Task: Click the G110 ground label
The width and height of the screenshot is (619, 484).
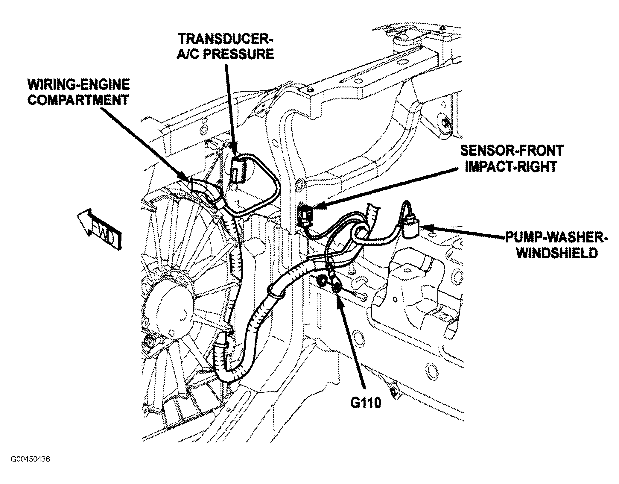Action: (x=366, y=403)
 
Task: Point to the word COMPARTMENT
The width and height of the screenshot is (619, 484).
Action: (x=78, y=100)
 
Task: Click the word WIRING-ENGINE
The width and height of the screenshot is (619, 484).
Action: (x=79, y=85)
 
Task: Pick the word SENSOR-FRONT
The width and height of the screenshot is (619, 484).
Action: (x=511, y=151)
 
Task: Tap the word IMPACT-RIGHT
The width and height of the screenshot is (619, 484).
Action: (x=511, y=167)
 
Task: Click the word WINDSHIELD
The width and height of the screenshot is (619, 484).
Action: (x=557, y=254)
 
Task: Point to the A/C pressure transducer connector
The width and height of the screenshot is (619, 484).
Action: (x=238, y=172)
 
